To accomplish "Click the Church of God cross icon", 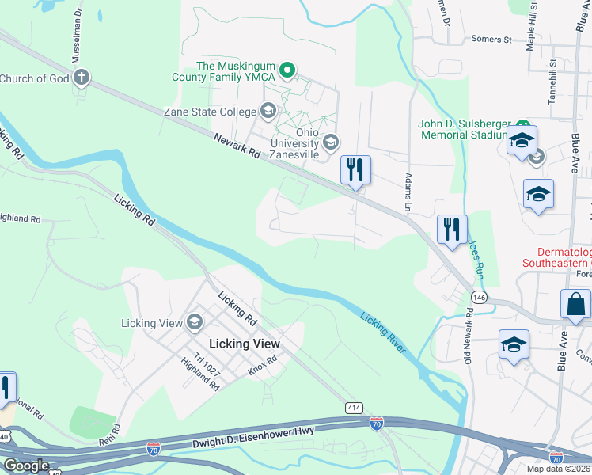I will tap(80, 78).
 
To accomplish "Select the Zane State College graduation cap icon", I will tap(268, 112).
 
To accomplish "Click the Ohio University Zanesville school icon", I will tap(331, 143).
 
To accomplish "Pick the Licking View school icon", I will tap(194, 322).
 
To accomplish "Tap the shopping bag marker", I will tap(575, 305).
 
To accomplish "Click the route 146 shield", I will tap(479, 296).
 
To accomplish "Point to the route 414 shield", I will tap(354, 407).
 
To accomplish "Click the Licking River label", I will tap(383, 331).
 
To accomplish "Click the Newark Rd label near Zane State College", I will tap(237, 148).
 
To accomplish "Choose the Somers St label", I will tap(491, 39).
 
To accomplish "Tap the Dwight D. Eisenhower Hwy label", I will tap(253, 436).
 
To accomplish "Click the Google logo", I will tap(26, 465).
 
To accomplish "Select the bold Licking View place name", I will tap(245, 344).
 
